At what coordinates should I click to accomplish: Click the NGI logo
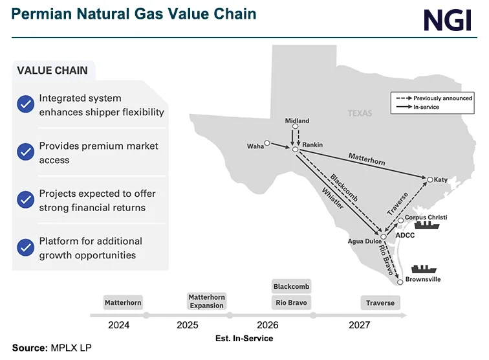[x=448, y=20]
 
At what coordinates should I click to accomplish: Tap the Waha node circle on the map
[x=266, y=142]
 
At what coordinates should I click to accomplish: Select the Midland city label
[x=297, y=121]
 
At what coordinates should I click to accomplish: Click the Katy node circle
[x=428, y=179]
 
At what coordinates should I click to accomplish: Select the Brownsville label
[x=424, y=280]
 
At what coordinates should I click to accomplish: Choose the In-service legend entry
[x=426, y=107]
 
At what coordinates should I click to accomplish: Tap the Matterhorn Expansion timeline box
[x=206, y=301]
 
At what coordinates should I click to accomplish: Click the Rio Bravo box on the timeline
[x=291, y=302]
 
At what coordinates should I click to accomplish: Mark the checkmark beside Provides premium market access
[x=25, y=152]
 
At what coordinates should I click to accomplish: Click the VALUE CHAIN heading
[x=52, y=71]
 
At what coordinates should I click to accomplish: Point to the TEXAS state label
[x=360, y=113]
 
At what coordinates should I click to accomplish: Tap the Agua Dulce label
[x=365, y=242]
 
